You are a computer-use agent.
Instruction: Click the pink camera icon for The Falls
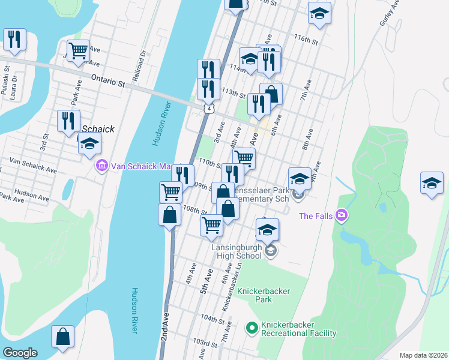coord(341,215)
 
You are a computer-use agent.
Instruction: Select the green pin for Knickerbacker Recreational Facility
coord(252,328)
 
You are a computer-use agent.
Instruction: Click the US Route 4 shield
coord(208,109)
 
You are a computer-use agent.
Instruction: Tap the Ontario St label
coord(107,81)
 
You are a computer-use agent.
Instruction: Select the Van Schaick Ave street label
coord(33,166)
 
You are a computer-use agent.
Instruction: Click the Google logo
coord(19,353)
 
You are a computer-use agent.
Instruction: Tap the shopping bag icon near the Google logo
coord(62,338)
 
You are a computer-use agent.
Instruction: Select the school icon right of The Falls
coord(431,184)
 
